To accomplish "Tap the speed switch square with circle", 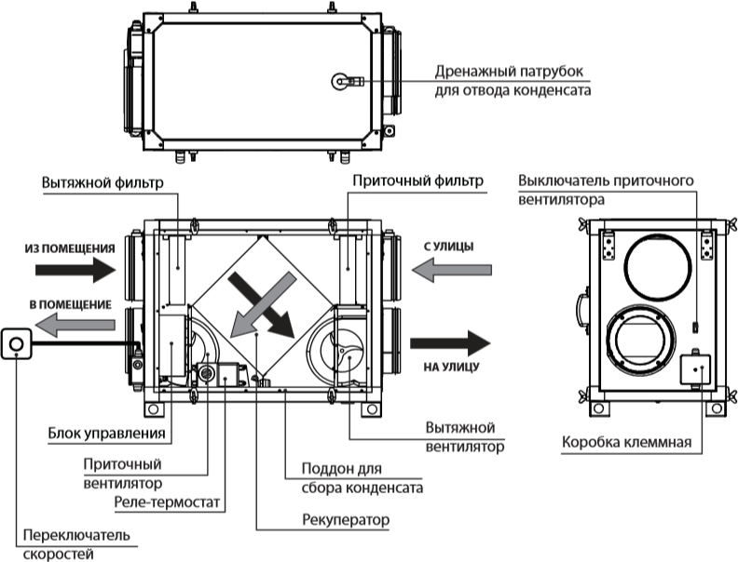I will point(17,343).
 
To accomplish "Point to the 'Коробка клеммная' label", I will point(626,443).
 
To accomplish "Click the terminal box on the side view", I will point(694,370).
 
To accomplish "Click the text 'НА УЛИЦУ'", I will point(454,367).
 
